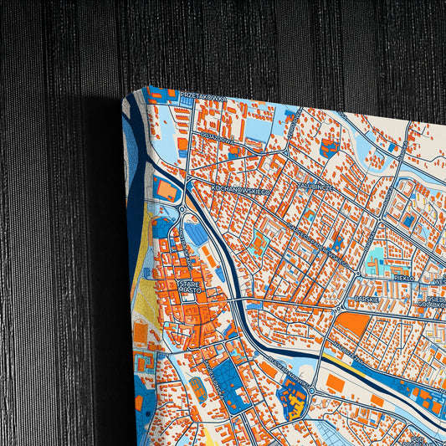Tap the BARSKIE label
pyautogui.click(x=366, y=297)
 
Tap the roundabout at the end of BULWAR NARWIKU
pyautogui.click(x=312, y=390)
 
